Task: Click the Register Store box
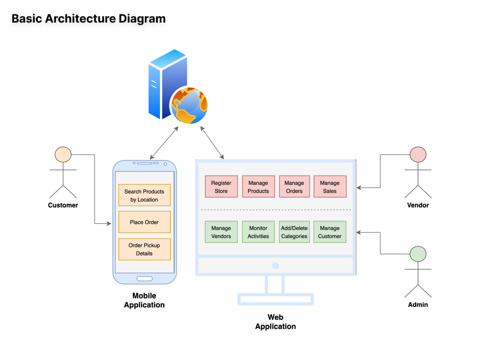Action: click(x=221, y=186)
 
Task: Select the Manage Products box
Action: click(x=258, y=186)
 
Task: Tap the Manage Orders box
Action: click(x=294, y=186)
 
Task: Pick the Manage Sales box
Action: click(x=330, y=186)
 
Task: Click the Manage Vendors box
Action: click(x=221, y=232)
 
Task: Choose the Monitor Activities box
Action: click(x=258, y=232)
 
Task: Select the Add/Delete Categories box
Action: click(x=294, y=232)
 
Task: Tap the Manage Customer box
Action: click(x=330, y=232)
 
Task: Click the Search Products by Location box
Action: click(x=144, y=195)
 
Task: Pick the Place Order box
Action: click(x=144, y=222)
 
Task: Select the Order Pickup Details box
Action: click(x=144, y=249)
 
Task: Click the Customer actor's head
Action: click(x=63, y=155)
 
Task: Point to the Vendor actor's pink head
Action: click(x=418, y=155)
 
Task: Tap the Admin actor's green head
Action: click(x=418, y=254)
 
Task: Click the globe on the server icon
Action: click(x=189, y=105)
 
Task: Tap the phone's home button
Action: click(x=144, y=278)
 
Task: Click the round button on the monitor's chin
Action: click(x=276, y=265)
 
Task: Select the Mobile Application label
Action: click(x=144, y=300)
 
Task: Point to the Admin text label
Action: click(x=418, y=305)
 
